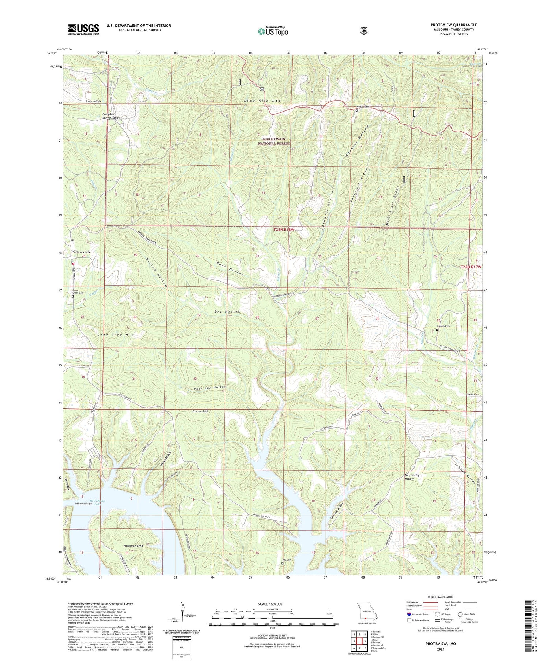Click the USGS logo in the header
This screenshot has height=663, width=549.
click(x=83, y=29)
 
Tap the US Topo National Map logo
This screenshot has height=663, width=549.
click(x=273, y=31)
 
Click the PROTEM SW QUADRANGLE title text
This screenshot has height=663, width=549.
click(x=453, y=25)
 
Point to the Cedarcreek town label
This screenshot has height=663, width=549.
click(x=81, y=252)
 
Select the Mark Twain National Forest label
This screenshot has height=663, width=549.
click(x=274, y=141)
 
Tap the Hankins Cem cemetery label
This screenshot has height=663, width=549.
click(x=442, y=326)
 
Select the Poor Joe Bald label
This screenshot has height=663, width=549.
click(x=200, y=411)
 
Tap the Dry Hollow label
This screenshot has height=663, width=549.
click(x=228, y=312)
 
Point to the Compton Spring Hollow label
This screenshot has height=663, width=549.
click(x=111, y=116)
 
